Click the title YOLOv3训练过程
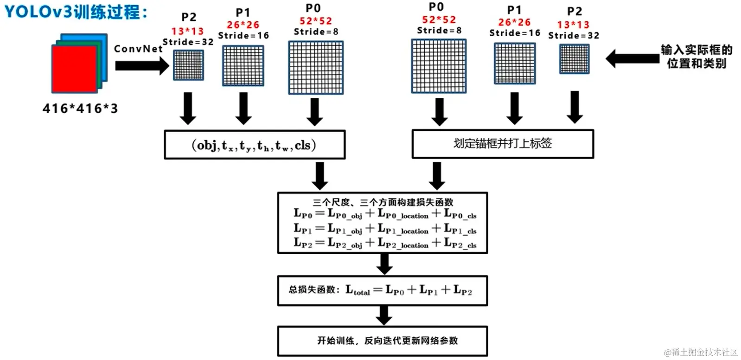[x=76, y=12]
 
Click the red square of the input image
[x=74, y=69]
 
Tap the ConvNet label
[x=138, y=49]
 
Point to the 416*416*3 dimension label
[x=80, y=109]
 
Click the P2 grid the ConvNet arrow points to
[x=188, y=65]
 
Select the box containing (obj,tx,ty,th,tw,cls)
[x=255, y=145]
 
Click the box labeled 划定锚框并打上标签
[x=503, y=144]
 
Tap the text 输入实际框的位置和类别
[x=696, y=56]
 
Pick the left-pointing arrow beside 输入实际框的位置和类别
[x=632, y=58]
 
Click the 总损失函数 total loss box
[x=382, y=291]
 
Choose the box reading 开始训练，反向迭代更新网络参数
[x=382, y=341]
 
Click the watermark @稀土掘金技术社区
[x=701, y=352]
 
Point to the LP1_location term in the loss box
[x=403, y=229]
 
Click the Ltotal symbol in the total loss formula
[x=358, y=291]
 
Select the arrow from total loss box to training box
[x=384, y=315]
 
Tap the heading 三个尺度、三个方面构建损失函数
[x=383, y=202]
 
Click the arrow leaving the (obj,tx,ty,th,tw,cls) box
[x=319, y=175]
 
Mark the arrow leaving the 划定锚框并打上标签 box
[x=436, y=175]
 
